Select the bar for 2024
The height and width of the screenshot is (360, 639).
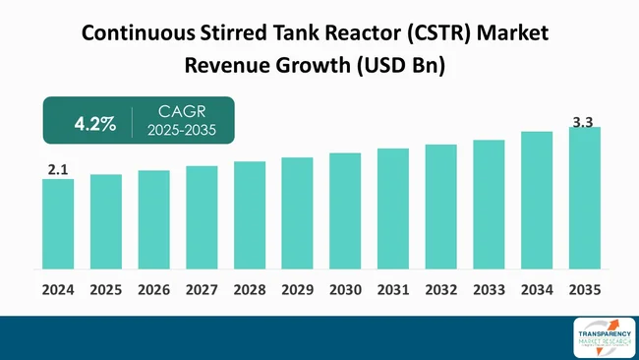point(58,224)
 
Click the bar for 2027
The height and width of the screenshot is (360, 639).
point(202,217)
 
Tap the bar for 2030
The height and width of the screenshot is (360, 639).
point(345,210)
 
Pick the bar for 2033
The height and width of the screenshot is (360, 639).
point(489,205)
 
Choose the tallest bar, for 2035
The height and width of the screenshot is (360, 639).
point(584,198)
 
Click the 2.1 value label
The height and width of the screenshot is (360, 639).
point(58,170)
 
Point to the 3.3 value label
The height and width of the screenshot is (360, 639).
point(584,122)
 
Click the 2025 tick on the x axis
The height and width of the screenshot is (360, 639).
point(106,290)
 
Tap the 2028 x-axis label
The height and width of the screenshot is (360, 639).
point(250,290)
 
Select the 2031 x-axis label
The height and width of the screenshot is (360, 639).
point(393,290)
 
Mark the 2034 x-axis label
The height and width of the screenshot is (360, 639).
point(537,290)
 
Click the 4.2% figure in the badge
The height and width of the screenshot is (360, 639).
point(95,124)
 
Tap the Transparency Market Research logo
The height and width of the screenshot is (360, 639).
point(596,337)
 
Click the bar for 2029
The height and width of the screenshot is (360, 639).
point(297,213)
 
